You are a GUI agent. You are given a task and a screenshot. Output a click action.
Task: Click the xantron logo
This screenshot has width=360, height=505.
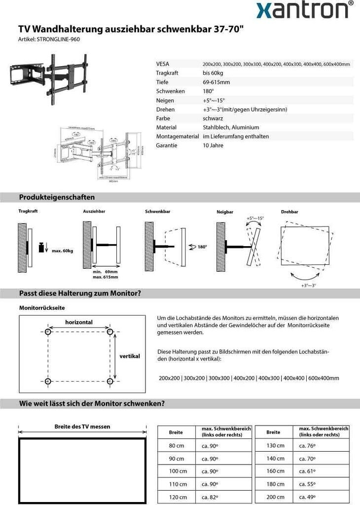pos(305,10)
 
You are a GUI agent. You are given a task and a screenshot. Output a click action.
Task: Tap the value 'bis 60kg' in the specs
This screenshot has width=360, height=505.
pos(213,73)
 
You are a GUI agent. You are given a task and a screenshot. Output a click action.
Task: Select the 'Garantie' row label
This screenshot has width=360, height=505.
pos(167,145)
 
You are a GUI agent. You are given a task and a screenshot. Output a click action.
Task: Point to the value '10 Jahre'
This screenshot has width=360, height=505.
pos(213,145)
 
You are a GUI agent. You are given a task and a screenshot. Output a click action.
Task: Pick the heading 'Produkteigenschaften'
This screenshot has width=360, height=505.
pos(57,197)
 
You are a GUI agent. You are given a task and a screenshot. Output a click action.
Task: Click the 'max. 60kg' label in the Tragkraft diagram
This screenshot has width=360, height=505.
pos(62,251)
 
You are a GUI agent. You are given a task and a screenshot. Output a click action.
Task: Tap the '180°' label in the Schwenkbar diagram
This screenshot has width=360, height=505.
pos(202,247)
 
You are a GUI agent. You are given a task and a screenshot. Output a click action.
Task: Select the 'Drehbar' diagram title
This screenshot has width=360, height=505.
pos(289,212)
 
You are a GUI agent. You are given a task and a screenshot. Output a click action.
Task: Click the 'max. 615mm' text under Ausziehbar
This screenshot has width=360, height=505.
pos(105,277)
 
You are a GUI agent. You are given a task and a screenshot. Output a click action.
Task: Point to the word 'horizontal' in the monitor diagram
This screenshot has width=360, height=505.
pos(79,322)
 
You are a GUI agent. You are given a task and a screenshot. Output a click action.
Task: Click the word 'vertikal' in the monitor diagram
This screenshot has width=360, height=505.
pos(130,356)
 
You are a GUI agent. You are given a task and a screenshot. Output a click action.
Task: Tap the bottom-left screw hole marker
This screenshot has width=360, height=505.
pos(48,382)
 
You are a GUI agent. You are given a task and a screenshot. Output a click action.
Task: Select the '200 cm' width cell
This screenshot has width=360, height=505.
pos(275,497)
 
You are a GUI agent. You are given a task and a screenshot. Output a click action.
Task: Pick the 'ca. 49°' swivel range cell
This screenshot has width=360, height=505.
pos(307,497)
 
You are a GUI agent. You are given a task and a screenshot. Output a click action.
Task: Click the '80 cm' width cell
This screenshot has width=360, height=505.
pos(177,446)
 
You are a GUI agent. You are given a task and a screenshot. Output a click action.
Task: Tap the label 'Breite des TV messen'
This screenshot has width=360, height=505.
pos(82,427)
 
